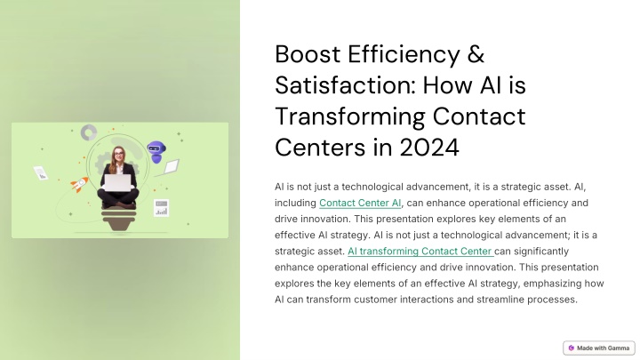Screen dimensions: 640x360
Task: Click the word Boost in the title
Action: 308,54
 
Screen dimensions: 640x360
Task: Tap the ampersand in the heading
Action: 476,54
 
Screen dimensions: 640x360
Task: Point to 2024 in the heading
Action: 429,147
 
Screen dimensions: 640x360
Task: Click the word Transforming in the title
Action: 350,117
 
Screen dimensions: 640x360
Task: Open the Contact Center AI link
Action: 360,203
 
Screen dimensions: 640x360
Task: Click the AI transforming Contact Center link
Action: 420,251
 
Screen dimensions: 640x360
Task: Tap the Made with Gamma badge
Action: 599,348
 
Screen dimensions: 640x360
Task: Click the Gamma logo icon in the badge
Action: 571,348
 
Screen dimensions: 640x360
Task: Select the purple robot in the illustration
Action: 156,152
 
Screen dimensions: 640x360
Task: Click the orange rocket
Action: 79,184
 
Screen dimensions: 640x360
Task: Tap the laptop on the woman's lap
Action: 118,183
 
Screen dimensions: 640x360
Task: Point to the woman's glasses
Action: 118,154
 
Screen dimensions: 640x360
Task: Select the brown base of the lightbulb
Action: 118,220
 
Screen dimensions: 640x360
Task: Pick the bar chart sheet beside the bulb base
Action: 161,208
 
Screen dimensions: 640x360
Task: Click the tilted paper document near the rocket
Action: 41,173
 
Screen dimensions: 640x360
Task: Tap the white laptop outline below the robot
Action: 171,166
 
